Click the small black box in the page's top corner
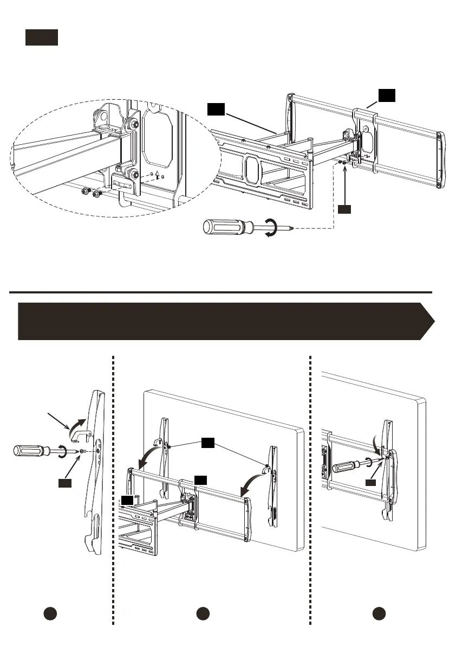point(41,38)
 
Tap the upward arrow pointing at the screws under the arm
point(344,184)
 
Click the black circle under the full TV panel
point(203,614)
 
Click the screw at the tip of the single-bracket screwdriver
point(81,451)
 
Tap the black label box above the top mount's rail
point(387,96)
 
